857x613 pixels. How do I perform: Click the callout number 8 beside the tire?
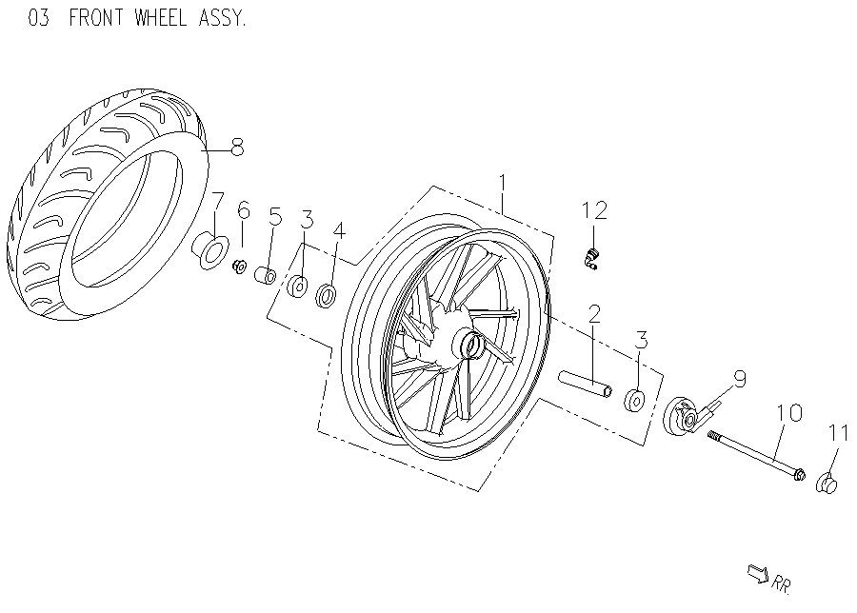[237, 147]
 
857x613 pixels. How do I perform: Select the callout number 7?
[217, 201]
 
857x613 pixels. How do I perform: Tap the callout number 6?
[244, 210]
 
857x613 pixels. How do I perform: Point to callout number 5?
[274, 216]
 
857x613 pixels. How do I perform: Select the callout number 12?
[595, 210]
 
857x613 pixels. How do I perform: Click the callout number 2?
[594, 313]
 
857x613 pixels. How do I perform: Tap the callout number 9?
[739, 379]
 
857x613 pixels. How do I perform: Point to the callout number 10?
[789, 413]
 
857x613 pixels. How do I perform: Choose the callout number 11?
[837, 433]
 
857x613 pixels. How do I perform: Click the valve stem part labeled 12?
[592, 258]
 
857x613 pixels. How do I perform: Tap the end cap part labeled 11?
[827, 484]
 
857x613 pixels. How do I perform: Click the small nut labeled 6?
[241, 265]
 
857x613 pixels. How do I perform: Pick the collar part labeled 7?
[211, 250]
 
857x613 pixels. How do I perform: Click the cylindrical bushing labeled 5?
[267, 276]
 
